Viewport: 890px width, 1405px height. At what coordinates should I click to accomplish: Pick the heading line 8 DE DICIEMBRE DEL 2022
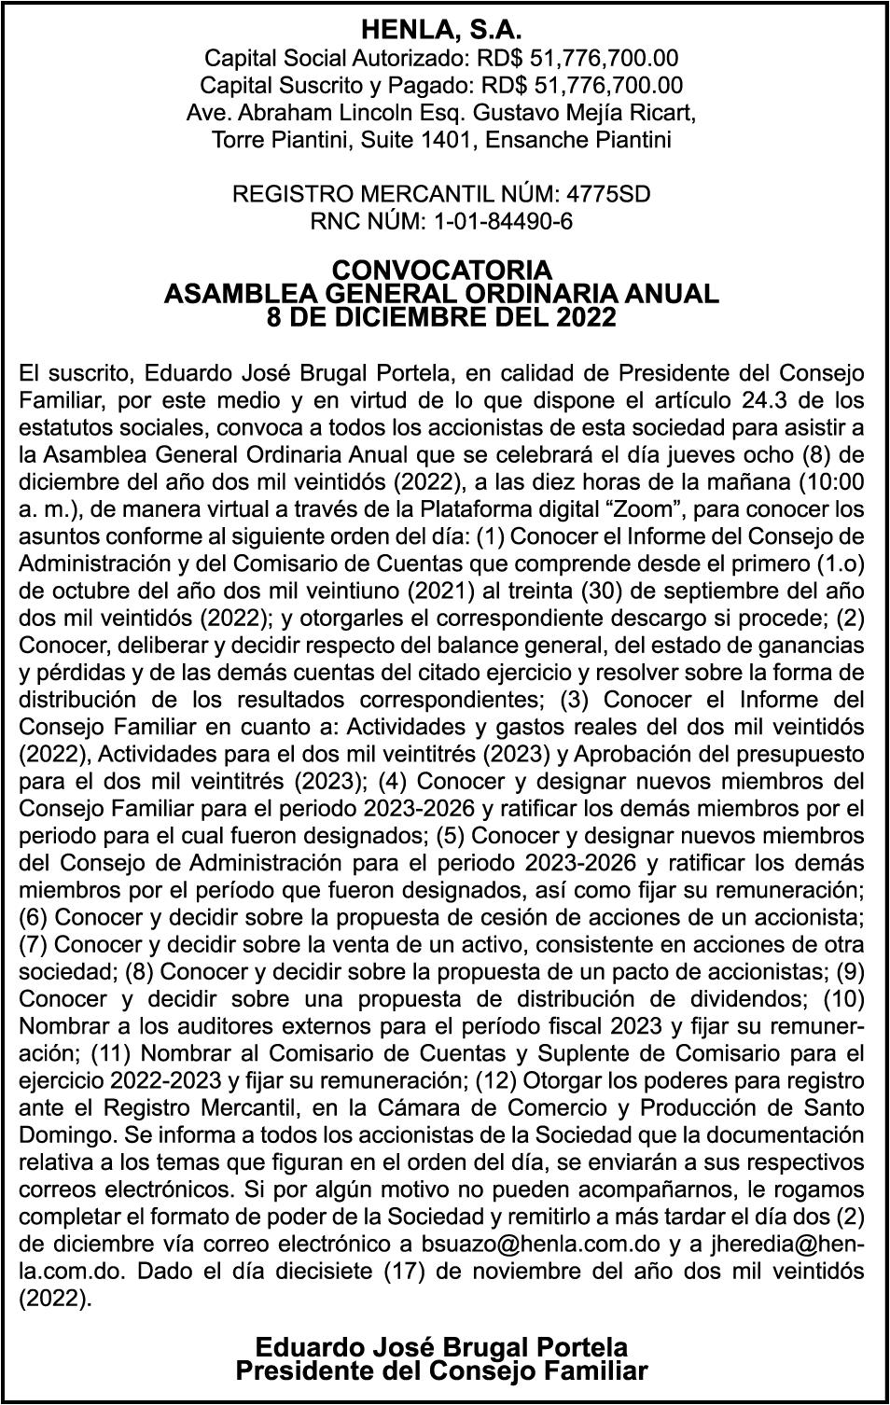[441, 318]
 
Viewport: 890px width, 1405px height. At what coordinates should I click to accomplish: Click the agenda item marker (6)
[35, 917]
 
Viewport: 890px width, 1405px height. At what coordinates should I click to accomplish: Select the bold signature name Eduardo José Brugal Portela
[441, 1346]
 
